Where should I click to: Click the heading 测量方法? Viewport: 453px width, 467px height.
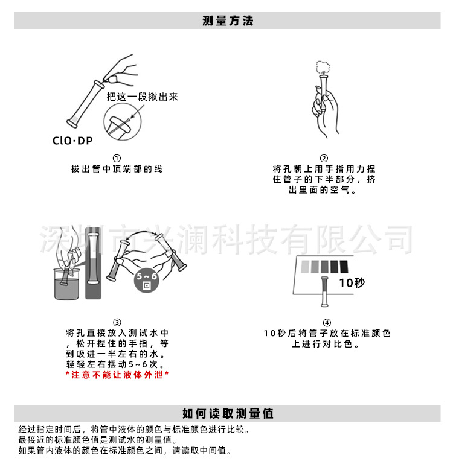coord(228,21)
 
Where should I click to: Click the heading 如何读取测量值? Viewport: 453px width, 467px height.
coord(228,413)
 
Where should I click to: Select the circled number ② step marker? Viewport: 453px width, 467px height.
coord(324,159)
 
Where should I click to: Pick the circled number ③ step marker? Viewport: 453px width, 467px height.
coord(117,322)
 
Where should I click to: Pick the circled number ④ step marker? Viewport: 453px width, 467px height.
coord(327,322)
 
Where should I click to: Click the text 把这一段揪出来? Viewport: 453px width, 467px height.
coord(143,97)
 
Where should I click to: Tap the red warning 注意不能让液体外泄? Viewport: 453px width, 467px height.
coord(117,375)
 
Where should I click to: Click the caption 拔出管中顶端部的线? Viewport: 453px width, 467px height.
coord(117,169)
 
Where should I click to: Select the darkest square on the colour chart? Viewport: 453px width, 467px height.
coord(344,265)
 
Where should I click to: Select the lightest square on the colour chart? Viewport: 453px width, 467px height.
coord(302,265)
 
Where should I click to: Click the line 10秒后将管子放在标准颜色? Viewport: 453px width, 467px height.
coord(327,333)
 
